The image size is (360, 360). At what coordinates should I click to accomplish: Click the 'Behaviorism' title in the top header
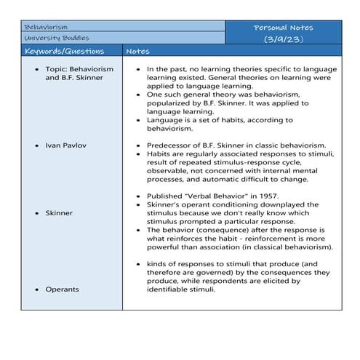tap(45, 25)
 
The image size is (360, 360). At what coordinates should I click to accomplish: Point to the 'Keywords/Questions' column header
tap(64, 52)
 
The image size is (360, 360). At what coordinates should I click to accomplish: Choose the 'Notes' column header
tap(138, 52)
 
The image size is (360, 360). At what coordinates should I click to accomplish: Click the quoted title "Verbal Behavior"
tap(215, 196)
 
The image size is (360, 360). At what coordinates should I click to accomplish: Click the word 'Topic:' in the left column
tap(57, 67)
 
